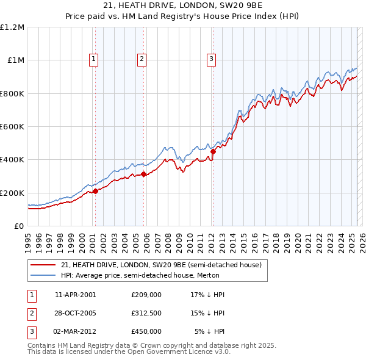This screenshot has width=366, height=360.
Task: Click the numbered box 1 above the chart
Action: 94,59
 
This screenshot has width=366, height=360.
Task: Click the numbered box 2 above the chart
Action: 142,59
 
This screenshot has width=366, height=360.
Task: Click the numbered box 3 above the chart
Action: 211,59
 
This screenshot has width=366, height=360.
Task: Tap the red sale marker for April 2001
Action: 95,192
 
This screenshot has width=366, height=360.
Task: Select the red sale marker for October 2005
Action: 144,175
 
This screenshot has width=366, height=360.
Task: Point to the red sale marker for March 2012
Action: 213,151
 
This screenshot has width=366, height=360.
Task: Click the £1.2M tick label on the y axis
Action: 12,27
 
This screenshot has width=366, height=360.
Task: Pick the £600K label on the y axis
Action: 12,127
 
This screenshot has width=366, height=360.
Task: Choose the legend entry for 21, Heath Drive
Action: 161,265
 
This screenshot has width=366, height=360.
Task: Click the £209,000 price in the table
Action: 146,295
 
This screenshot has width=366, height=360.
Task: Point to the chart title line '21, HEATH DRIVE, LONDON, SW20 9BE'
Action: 182,6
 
